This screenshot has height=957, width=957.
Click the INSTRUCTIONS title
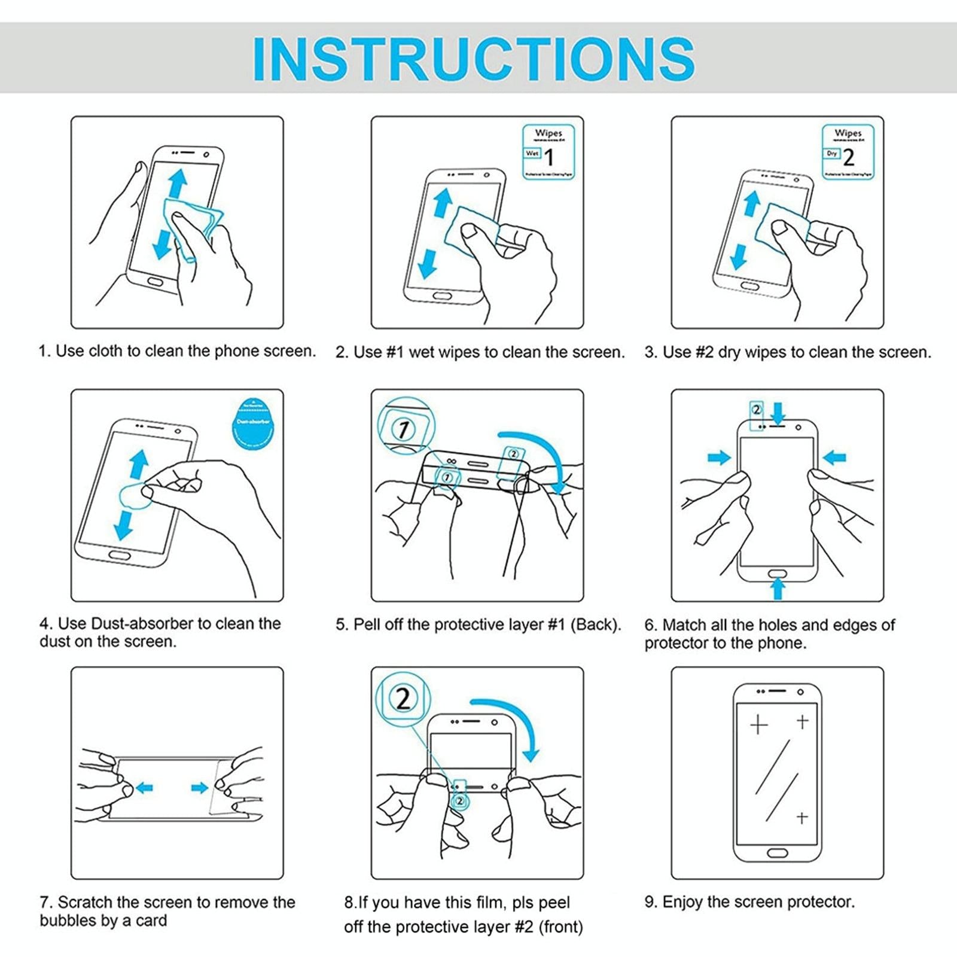click(474, 58)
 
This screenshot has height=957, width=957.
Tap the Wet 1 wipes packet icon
click(548, 152)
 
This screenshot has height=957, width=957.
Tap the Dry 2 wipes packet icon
click(848, 152)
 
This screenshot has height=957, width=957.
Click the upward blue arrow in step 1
click(178, 182)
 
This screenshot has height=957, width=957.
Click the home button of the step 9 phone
click(778, 851)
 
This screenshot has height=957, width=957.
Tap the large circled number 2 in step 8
click(403, 698)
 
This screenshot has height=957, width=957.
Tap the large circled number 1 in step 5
click(404, 429)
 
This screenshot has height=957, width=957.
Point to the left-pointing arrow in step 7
click(144, 788)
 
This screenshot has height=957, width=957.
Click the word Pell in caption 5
click(367, 624)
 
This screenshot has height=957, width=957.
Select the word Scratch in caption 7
click(86, 902)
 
